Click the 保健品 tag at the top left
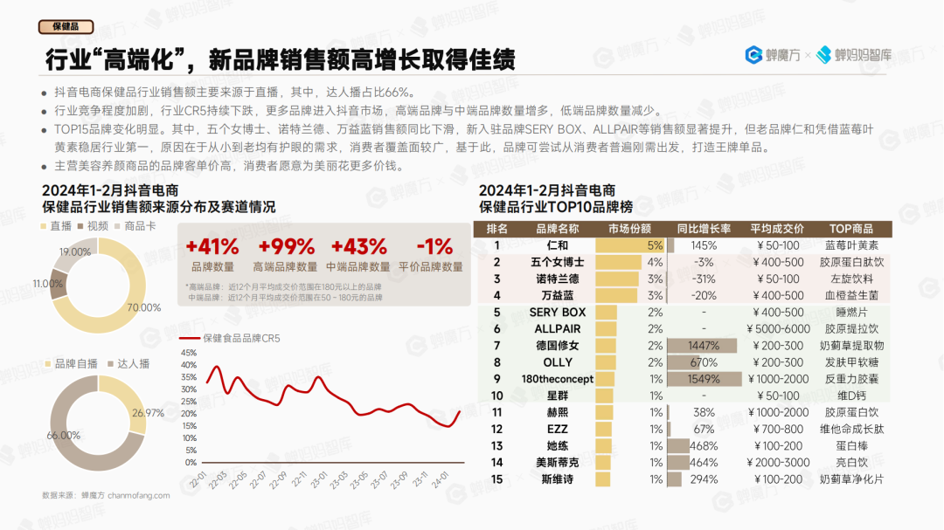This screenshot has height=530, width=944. [66, 26]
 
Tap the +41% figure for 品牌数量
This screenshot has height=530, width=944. [212, 246]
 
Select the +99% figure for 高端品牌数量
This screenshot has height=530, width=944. [285, 246]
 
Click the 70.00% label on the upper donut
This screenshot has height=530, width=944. [144, 307]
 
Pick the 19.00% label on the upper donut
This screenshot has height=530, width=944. [75, 252]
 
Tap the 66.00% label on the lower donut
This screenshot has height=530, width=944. [64, 435]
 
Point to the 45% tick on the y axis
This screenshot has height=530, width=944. [190, 353]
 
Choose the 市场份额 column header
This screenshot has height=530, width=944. [629, 229]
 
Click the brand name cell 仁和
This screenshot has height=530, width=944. [557, 245]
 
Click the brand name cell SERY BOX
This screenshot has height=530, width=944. [557, 313]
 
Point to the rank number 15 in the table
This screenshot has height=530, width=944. [496, 479]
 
